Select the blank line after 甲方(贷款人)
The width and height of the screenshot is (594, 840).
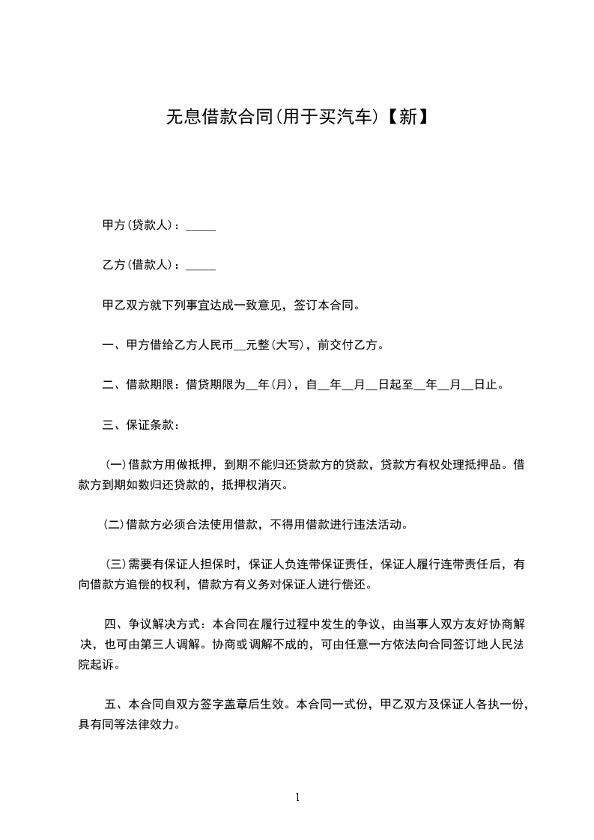200,226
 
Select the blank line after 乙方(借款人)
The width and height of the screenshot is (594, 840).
200,266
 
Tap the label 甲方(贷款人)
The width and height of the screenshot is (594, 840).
140,225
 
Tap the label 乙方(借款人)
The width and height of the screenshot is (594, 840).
140,265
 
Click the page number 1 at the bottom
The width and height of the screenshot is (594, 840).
297,797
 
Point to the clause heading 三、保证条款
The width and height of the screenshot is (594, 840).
140,425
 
